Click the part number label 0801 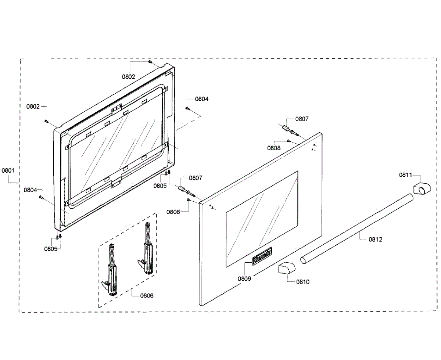point(8,170)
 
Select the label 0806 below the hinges point(147,295)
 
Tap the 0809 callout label point(244,278)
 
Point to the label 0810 point(303,282)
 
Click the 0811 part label point(406,175)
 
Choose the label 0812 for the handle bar point(376,239)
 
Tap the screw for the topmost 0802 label point(150,62)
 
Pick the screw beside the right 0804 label point(187,108)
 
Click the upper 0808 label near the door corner point(274,148)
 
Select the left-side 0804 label point(31,190)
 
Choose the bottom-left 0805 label point(51,249)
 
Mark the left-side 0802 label point(33,107)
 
